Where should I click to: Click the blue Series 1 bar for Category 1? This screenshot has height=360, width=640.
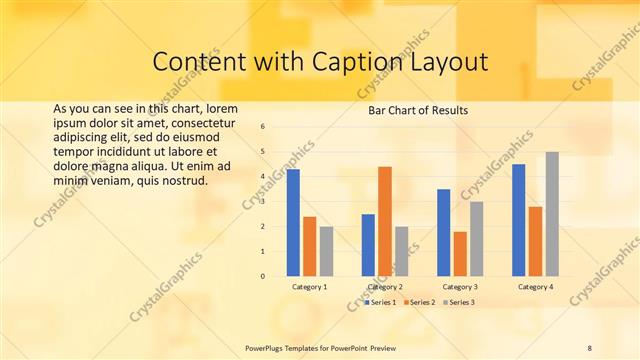293,223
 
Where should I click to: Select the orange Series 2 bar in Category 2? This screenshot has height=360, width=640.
385,221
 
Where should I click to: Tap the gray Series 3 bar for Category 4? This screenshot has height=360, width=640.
552,214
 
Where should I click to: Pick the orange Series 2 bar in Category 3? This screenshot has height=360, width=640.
460,254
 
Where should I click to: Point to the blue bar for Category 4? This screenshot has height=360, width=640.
518,220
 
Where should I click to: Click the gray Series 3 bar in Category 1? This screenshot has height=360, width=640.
327,251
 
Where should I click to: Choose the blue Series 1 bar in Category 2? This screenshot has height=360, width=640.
368,245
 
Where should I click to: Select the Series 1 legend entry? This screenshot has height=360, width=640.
381,301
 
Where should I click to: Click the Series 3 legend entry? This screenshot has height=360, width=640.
459,301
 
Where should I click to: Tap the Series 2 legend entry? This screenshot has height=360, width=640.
420,301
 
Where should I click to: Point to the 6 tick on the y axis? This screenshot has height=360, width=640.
262,127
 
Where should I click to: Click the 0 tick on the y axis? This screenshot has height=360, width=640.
262,276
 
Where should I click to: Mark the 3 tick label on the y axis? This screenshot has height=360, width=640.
262,202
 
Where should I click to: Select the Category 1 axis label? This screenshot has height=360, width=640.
310,287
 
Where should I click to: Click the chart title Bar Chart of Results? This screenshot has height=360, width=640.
412,110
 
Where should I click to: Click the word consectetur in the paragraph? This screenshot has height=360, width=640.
193,122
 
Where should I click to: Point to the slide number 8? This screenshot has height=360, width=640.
590,347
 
